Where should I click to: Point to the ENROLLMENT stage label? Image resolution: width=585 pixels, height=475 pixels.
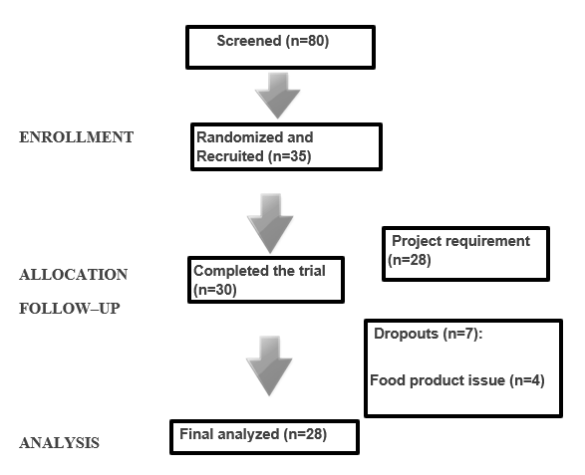(76, 137)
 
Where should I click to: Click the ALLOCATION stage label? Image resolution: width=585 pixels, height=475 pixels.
(74, 275)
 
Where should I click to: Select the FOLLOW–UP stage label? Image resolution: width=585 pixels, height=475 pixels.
(70, 309)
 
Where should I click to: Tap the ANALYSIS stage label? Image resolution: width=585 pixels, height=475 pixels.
(60, 443)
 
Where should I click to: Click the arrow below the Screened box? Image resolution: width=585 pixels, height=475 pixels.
(278, 96)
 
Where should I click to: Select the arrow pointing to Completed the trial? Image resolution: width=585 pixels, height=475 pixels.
(270, 223)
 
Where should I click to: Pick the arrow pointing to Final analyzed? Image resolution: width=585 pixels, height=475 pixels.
(269, 365)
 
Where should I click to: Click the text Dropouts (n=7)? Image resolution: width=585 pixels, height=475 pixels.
(429, 334)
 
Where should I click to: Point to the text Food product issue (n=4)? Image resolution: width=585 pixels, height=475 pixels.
(457, 380)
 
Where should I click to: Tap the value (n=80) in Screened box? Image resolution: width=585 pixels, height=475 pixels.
(307, 41)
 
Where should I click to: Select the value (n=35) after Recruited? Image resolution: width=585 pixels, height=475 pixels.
(290, 156)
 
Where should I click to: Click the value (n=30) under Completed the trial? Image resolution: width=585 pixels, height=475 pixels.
(215, 290)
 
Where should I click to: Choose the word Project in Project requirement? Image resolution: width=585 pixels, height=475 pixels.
(417, 241)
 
